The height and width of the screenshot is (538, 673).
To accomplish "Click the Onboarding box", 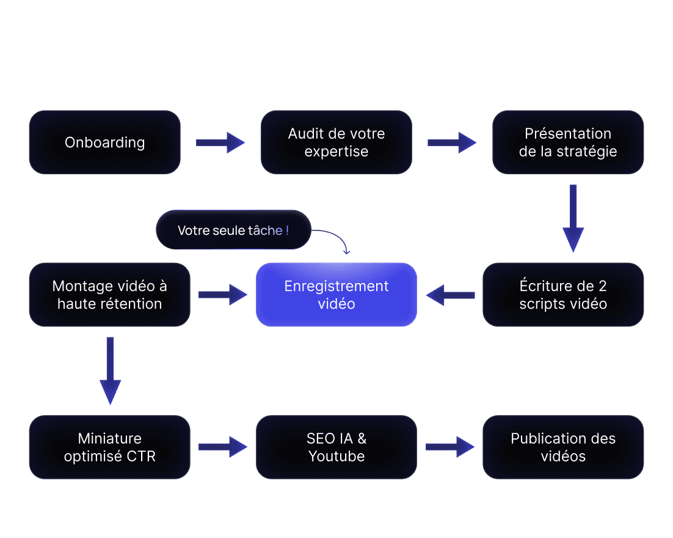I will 104,142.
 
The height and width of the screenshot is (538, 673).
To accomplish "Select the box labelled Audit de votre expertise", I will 336,142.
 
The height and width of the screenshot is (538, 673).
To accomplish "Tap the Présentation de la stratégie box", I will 568,142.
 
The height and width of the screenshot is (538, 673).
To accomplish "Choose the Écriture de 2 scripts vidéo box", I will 563,295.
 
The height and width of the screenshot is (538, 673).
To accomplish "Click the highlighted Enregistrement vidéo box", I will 336,295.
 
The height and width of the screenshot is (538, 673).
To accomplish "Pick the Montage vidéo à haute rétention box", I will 110,295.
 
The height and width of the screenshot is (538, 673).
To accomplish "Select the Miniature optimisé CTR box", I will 110,447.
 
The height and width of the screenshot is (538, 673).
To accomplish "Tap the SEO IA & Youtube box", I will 336,447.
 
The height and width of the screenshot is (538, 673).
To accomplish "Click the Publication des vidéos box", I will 563,447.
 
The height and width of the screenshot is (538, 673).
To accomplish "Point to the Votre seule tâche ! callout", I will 233,230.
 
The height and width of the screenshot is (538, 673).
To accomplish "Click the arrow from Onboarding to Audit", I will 220,142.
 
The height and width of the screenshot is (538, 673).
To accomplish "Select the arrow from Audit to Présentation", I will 451,142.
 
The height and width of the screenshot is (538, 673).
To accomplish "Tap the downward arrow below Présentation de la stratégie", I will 573,218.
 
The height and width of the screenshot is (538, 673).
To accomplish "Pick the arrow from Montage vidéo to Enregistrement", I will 222,295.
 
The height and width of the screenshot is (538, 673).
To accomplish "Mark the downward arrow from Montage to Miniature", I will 110,370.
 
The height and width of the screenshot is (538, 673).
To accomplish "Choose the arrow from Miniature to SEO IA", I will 222,447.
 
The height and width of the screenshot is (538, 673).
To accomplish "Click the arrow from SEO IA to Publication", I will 449,447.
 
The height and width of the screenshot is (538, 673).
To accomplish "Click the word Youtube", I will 336,456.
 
